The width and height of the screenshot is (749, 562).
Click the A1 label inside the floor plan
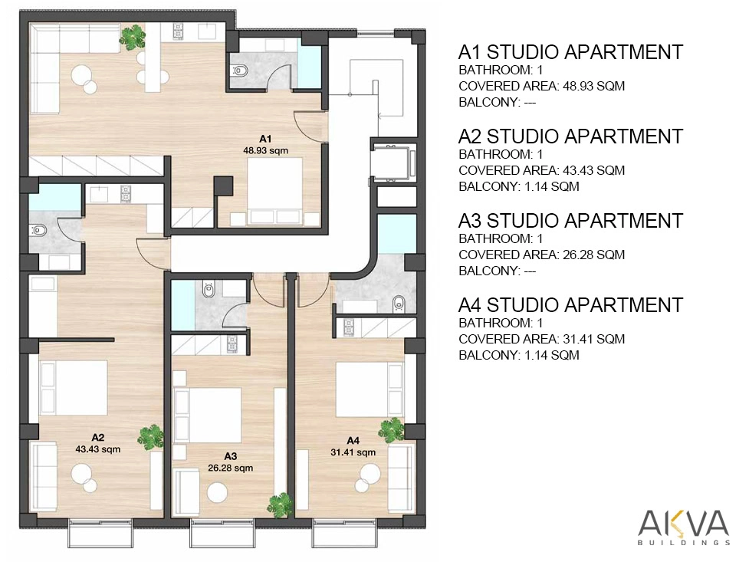(x=265, y=139)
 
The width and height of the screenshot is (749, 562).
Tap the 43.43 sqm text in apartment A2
(x=98, y=449)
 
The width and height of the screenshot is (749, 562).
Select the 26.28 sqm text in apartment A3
(x=230, y=468)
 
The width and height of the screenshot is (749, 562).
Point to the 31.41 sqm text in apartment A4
(x=353, y=452)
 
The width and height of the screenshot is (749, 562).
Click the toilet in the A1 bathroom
(x=240, y=71)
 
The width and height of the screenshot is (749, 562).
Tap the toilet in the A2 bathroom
(x=38, y=231)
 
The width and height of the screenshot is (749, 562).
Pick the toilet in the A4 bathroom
(x=398, y=304)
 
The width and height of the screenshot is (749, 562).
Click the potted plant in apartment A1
(x=133, y=36)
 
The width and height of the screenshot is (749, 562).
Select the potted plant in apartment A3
(x=280, y=504)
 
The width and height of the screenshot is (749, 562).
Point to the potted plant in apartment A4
(x=391, y=430)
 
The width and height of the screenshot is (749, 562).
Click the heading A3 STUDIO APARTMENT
(x=570, y=221)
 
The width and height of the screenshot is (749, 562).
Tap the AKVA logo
(x=684, y=527)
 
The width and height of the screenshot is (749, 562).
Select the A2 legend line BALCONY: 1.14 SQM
(x=519, y=186)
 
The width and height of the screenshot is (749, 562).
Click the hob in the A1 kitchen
(x=178, y=31)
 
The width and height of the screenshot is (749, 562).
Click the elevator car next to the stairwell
(x=393, y=163)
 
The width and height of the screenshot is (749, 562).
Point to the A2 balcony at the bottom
(x=100, y=534)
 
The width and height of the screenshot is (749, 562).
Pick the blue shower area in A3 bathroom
(x=183, y=305)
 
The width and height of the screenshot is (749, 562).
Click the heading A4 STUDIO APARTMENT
(x=570, y=305)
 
